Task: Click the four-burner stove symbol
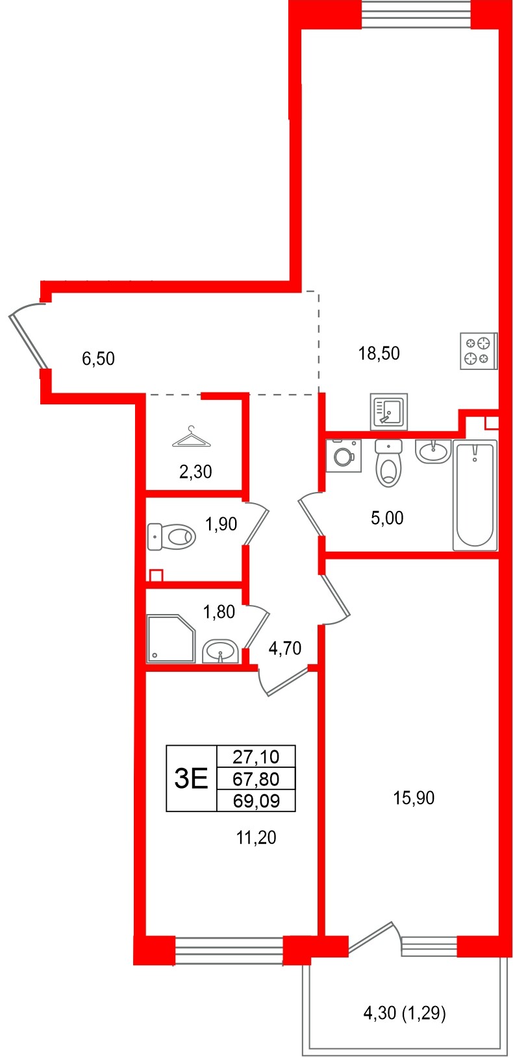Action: pyautogui.click(x=479, y=351)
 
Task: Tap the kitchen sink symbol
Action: pyautogui.click(x=388, y=411)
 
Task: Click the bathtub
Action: pyautogui.click(x=475, y=495)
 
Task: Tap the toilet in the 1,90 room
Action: pyautogui.click(x=172, y=537)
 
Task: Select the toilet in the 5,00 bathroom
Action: pyautogui.click(x=389, y=463)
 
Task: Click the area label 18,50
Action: pyautogui.click(x=379, y=354)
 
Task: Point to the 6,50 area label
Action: pyautogui.click(x=98, y=358)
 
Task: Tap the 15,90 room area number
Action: pyautogui.click(x=414, y=798)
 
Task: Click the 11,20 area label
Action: pyautogui.click(x=256, y=838)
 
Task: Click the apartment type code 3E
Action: pyautogui.click(x=192, y=778)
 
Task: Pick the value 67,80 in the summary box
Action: pyautogui.click(x=256, y=778)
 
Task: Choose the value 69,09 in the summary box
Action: pyautogui.click(x=256, y=801)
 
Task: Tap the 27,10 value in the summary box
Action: pyautogui.click(x=256, y=756)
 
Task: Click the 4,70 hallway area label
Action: pyautogui.click(x=284, y=648)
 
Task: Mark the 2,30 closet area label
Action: pyautogui.click(x=195, y=472)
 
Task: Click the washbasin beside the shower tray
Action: pyautogui.click(x=220, y=651)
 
